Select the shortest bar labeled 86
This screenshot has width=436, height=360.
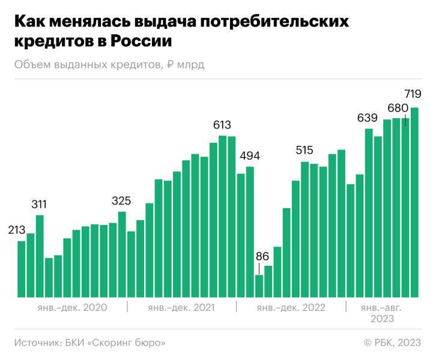259,286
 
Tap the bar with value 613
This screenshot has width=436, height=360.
223,216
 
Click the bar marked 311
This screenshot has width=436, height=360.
40,256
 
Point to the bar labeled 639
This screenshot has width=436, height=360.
369,212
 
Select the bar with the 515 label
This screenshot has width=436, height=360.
305,229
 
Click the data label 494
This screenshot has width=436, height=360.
250,156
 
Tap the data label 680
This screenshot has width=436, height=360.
398,108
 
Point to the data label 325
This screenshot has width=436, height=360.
121,200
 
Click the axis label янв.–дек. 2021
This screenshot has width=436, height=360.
182,308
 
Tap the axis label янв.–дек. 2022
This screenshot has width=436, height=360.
291,308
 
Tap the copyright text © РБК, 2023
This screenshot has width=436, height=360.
392,343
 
